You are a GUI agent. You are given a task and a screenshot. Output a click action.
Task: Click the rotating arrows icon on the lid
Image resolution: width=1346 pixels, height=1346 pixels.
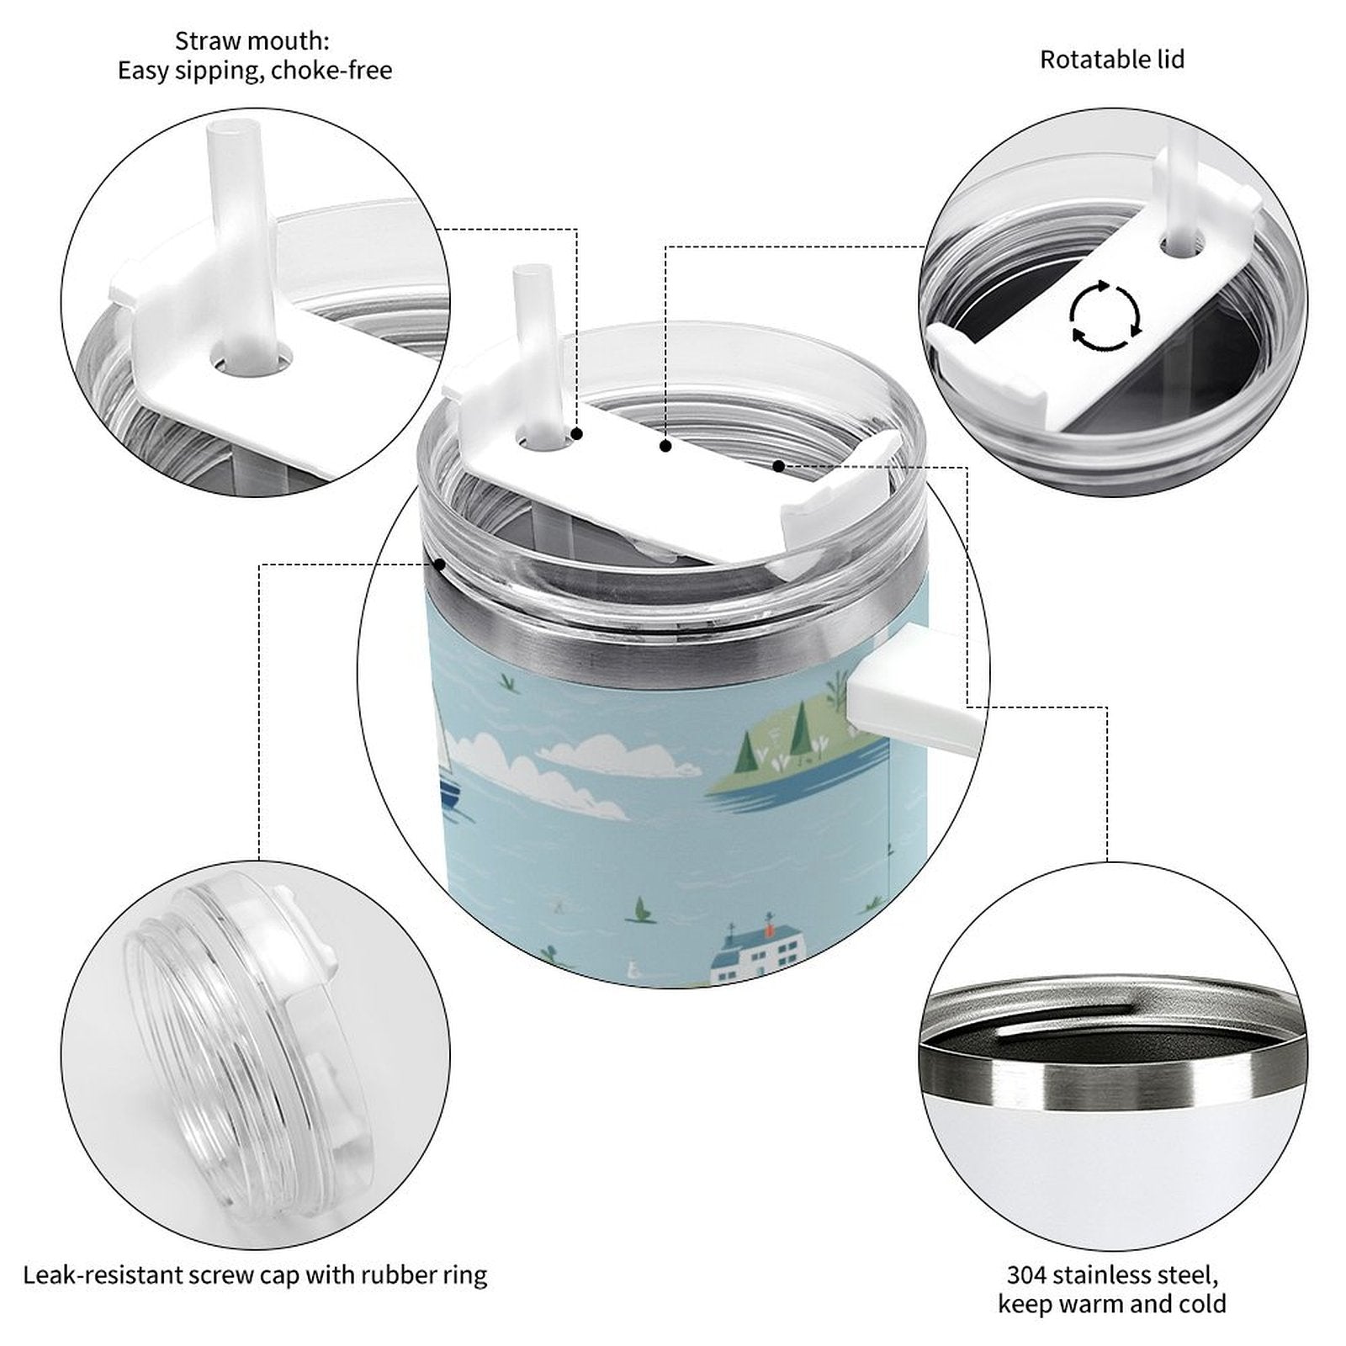click(x=1105, y=315)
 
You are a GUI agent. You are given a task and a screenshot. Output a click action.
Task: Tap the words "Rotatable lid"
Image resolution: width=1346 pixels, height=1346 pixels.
click(x=1112, y=60)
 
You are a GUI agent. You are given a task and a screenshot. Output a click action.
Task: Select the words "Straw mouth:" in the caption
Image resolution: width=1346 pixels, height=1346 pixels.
click(x=252, y=40)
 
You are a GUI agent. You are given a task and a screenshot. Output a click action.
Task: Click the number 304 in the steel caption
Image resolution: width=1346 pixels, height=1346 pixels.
click(x=1028, y=1275)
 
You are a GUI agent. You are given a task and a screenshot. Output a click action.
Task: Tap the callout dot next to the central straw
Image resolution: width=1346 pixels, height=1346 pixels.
click(x=577, y=434)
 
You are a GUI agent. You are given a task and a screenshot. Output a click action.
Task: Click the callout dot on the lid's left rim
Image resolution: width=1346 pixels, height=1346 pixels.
click(x=439, y=564)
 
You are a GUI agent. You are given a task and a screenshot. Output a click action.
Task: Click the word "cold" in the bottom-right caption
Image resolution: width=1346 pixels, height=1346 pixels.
click(x=1198, y=1304)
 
